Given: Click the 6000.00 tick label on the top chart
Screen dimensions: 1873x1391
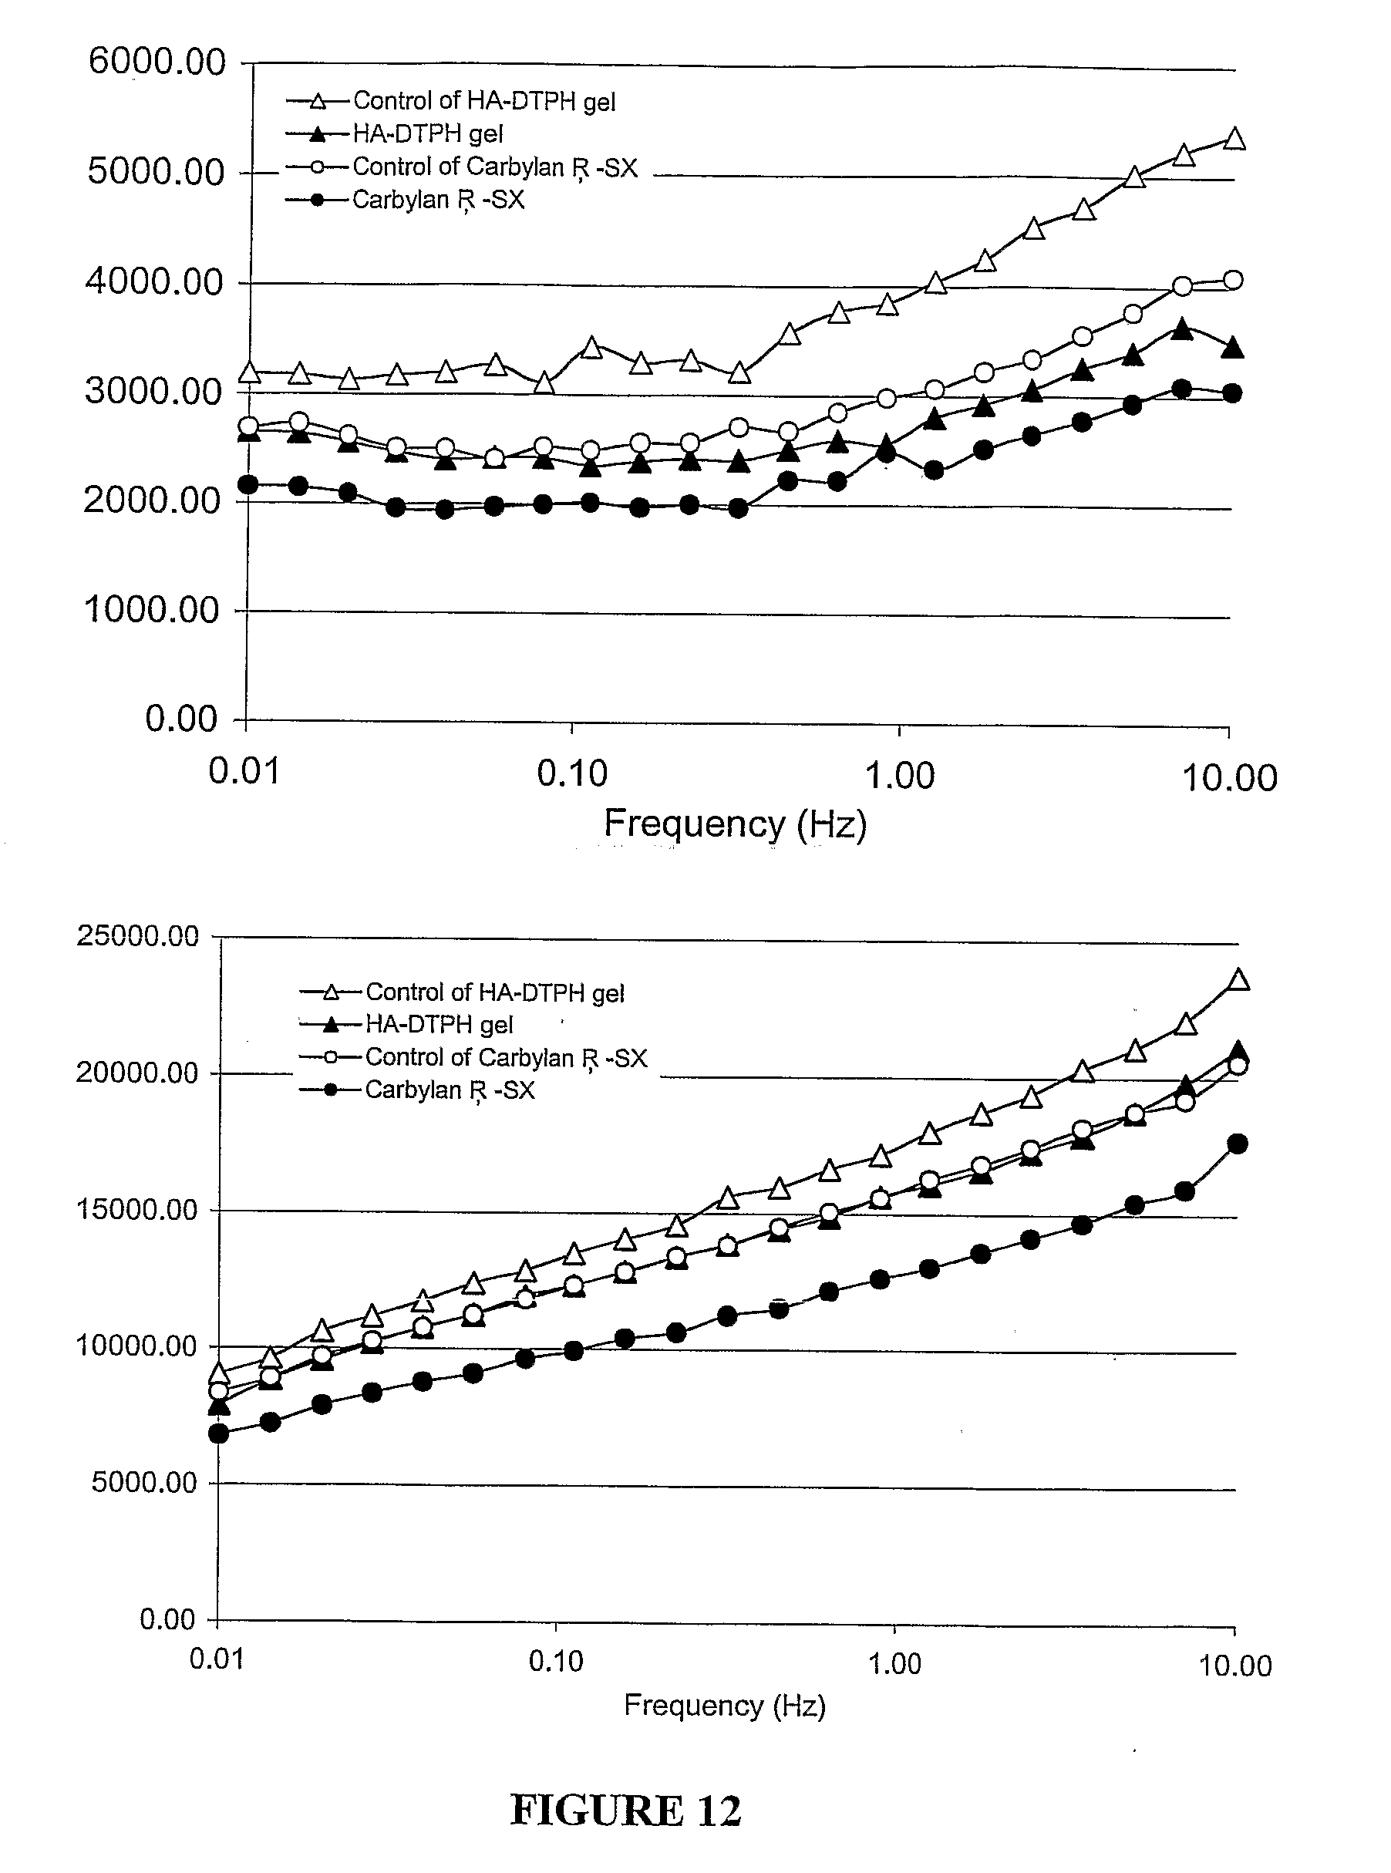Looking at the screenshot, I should point(157,62).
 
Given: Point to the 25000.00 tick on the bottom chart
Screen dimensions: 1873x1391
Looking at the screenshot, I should point(137,936).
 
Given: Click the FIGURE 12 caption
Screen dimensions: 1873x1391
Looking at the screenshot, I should point(625,1810).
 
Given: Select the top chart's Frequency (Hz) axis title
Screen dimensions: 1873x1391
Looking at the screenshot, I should point(735,824).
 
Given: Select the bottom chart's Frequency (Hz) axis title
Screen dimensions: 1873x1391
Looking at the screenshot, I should point(724,1706).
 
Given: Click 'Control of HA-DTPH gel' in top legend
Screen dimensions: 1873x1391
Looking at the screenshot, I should point(483,101).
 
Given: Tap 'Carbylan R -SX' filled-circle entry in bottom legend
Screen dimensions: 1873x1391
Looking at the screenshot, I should point(449,1090).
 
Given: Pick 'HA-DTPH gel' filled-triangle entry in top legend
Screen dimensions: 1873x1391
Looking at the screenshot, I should point(427,134).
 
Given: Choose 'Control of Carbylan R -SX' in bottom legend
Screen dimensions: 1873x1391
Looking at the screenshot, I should point(505,1057).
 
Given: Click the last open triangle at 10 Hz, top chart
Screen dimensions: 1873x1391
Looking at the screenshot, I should point(1234,139).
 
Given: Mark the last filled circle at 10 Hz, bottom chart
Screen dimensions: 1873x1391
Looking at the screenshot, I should point(1238,1144).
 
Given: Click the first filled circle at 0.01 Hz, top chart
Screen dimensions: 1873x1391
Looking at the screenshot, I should point(248,484).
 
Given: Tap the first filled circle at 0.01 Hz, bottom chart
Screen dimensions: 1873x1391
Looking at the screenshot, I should point(219,1433).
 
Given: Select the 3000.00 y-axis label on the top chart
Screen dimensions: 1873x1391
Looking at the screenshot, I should point(154,392).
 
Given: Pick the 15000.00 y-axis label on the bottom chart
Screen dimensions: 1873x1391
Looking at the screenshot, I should point(137,1211).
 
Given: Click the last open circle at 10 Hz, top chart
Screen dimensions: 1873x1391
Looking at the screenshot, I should point(1233,281).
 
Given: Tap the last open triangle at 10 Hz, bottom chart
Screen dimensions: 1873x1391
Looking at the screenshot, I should point(1238,980).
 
